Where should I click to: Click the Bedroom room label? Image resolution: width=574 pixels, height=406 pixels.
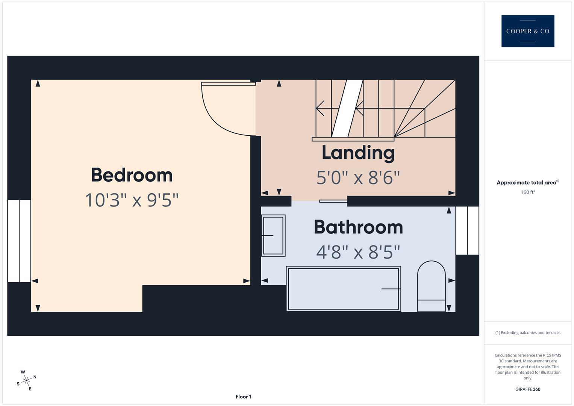pyautogui.click(x=132, y=175)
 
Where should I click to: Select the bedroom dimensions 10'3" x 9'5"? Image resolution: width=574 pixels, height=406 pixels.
pyautogui.click(x=132, y=200)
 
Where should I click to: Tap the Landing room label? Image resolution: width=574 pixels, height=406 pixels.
pyautogui.click(x=358, y=153)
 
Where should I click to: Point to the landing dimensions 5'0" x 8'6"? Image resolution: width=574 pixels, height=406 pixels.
pyautogui.click(x=358, y=177)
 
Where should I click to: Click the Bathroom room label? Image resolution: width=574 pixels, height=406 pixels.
pyautogui.click(x=358, y=227)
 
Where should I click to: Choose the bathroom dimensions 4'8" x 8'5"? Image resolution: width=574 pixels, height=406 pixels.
pyautogui.click(x=358, y=252)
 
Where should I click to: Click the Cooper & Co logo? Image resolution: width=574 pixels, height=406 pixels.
pyautogui.click(x=527, y=31)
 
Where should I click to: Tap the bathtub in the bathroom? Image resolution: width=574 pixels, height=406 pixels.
pyautogui.click(x=343, y=289)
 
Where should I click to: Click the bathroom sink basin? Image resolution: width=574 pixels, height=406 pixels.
pyautogui.click(x=273, y=236)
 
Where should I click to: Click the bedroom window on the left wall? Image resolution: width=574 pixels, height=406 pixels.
pyautogui.click(x=19, y=241)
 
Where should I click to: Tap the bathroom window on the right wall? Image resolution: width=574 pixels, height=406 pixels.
pyautogui.click(x=467, y=230)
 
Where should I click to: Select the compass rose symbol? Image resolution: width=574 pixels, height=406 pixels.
pyautogui.click(x=26, y=380)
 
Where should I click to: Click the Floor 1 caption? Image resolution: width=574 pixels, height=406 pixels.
pyautogui.click(x=243, y=397)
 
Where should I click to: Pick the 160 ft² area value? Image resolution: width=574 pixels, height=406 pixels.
pyautogui.click(x=527, y=192)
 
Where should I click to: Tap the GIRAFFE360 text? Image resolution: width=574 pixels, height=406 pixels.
pyautogui.click(x=527, y=389)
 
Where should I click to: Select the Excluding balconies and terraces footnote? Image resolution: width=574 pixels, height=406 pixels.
pyautogui.click(x=527, y=333)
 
